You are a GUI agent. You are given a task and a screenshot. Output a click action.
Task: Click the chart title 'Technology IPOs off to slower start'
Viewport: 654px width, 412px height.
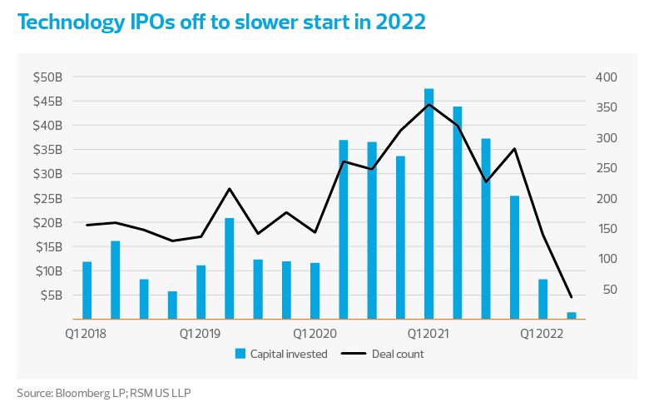221,22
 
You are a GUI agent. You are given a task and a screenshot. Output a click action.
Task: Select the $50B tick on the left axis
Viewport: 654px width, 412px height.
47,77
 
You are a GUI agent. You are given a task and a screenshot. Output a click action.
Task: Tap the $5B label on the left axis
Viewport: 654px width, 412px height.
50,295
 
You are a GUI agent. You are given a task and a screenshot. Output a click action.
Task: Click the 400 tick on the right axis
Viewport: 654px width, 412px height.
603,77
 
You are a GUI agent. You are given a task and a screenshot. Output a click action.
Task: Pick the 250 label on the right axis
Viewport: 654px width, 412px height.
603,168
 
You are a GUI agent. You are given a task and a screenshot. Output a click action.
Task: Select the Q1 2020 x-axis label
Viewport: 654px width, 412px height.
315,333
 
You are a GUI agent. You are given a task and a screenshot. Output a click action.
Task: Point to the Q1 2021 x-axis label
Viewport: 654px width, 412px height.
429,333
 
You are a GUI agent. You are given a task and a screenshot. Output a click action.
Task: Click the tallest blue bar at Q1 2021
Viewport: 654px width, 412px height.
429,204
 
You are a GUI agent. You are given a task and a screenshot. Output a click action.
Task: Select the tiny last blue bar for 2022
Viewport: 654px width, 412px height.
572,315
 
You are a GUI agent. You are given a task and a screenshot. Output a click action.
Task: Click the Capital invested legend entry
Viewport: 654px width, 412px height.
281,354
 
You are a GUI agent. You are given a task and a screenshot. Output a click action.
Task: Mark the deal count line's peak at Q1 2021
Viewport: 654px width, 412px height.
429,104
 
